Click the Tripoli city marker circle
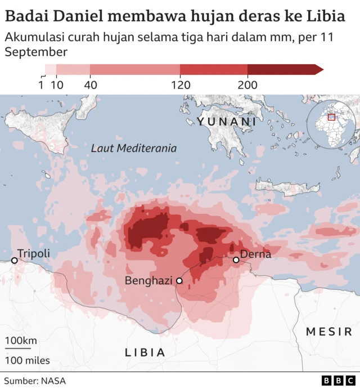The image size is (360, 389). (14, 260)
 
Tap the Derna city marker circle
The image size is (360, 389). (236, 260)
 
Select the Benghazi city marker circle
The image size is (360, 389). (179, 280)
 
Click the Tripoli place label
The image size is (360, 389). (34, 253)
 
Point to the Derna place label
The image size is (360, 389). (256, 254)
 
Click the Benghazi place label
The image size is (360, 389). (148, 280)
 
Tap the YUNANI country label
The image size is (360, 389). (227, 122)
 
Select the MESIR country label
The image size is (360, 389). (329, 332)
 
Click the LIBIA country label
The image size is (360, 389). (145, 352)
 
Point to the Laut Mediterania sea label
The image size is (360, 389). (134, 149)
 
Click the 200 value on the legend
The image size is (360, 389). (247, 85)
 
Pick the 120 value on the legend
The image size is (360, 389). (180, 85)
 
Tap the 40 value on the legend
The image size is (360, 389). (90, 85)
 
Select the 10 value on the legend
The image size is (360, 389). (57, 85)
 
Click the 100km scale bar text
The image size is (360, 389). (21, 341)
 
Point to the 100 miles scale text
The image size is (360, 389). (28, 360)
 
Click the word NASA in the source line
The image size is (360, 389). (53, 381)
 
